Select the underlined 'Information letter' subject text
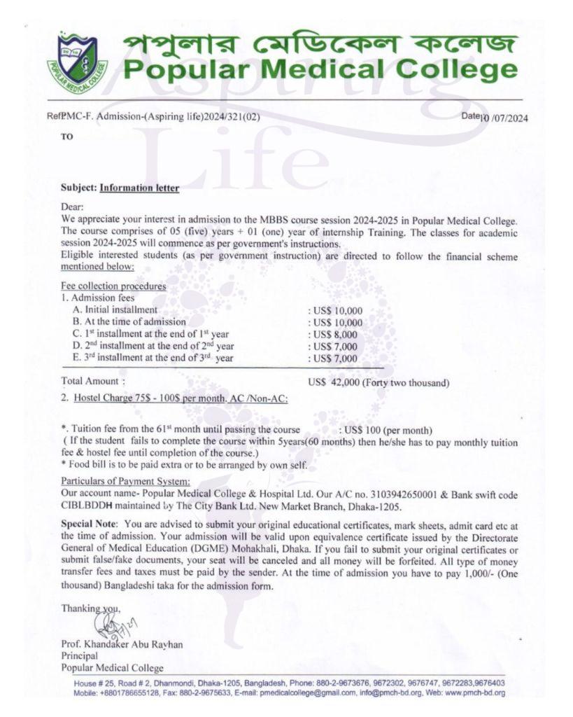(139, 188)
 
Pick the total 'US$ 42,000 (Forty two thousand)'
(379, 382)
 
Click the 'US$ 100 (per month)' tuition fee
(385, 430)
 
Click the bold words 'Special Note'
(87, 524)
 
